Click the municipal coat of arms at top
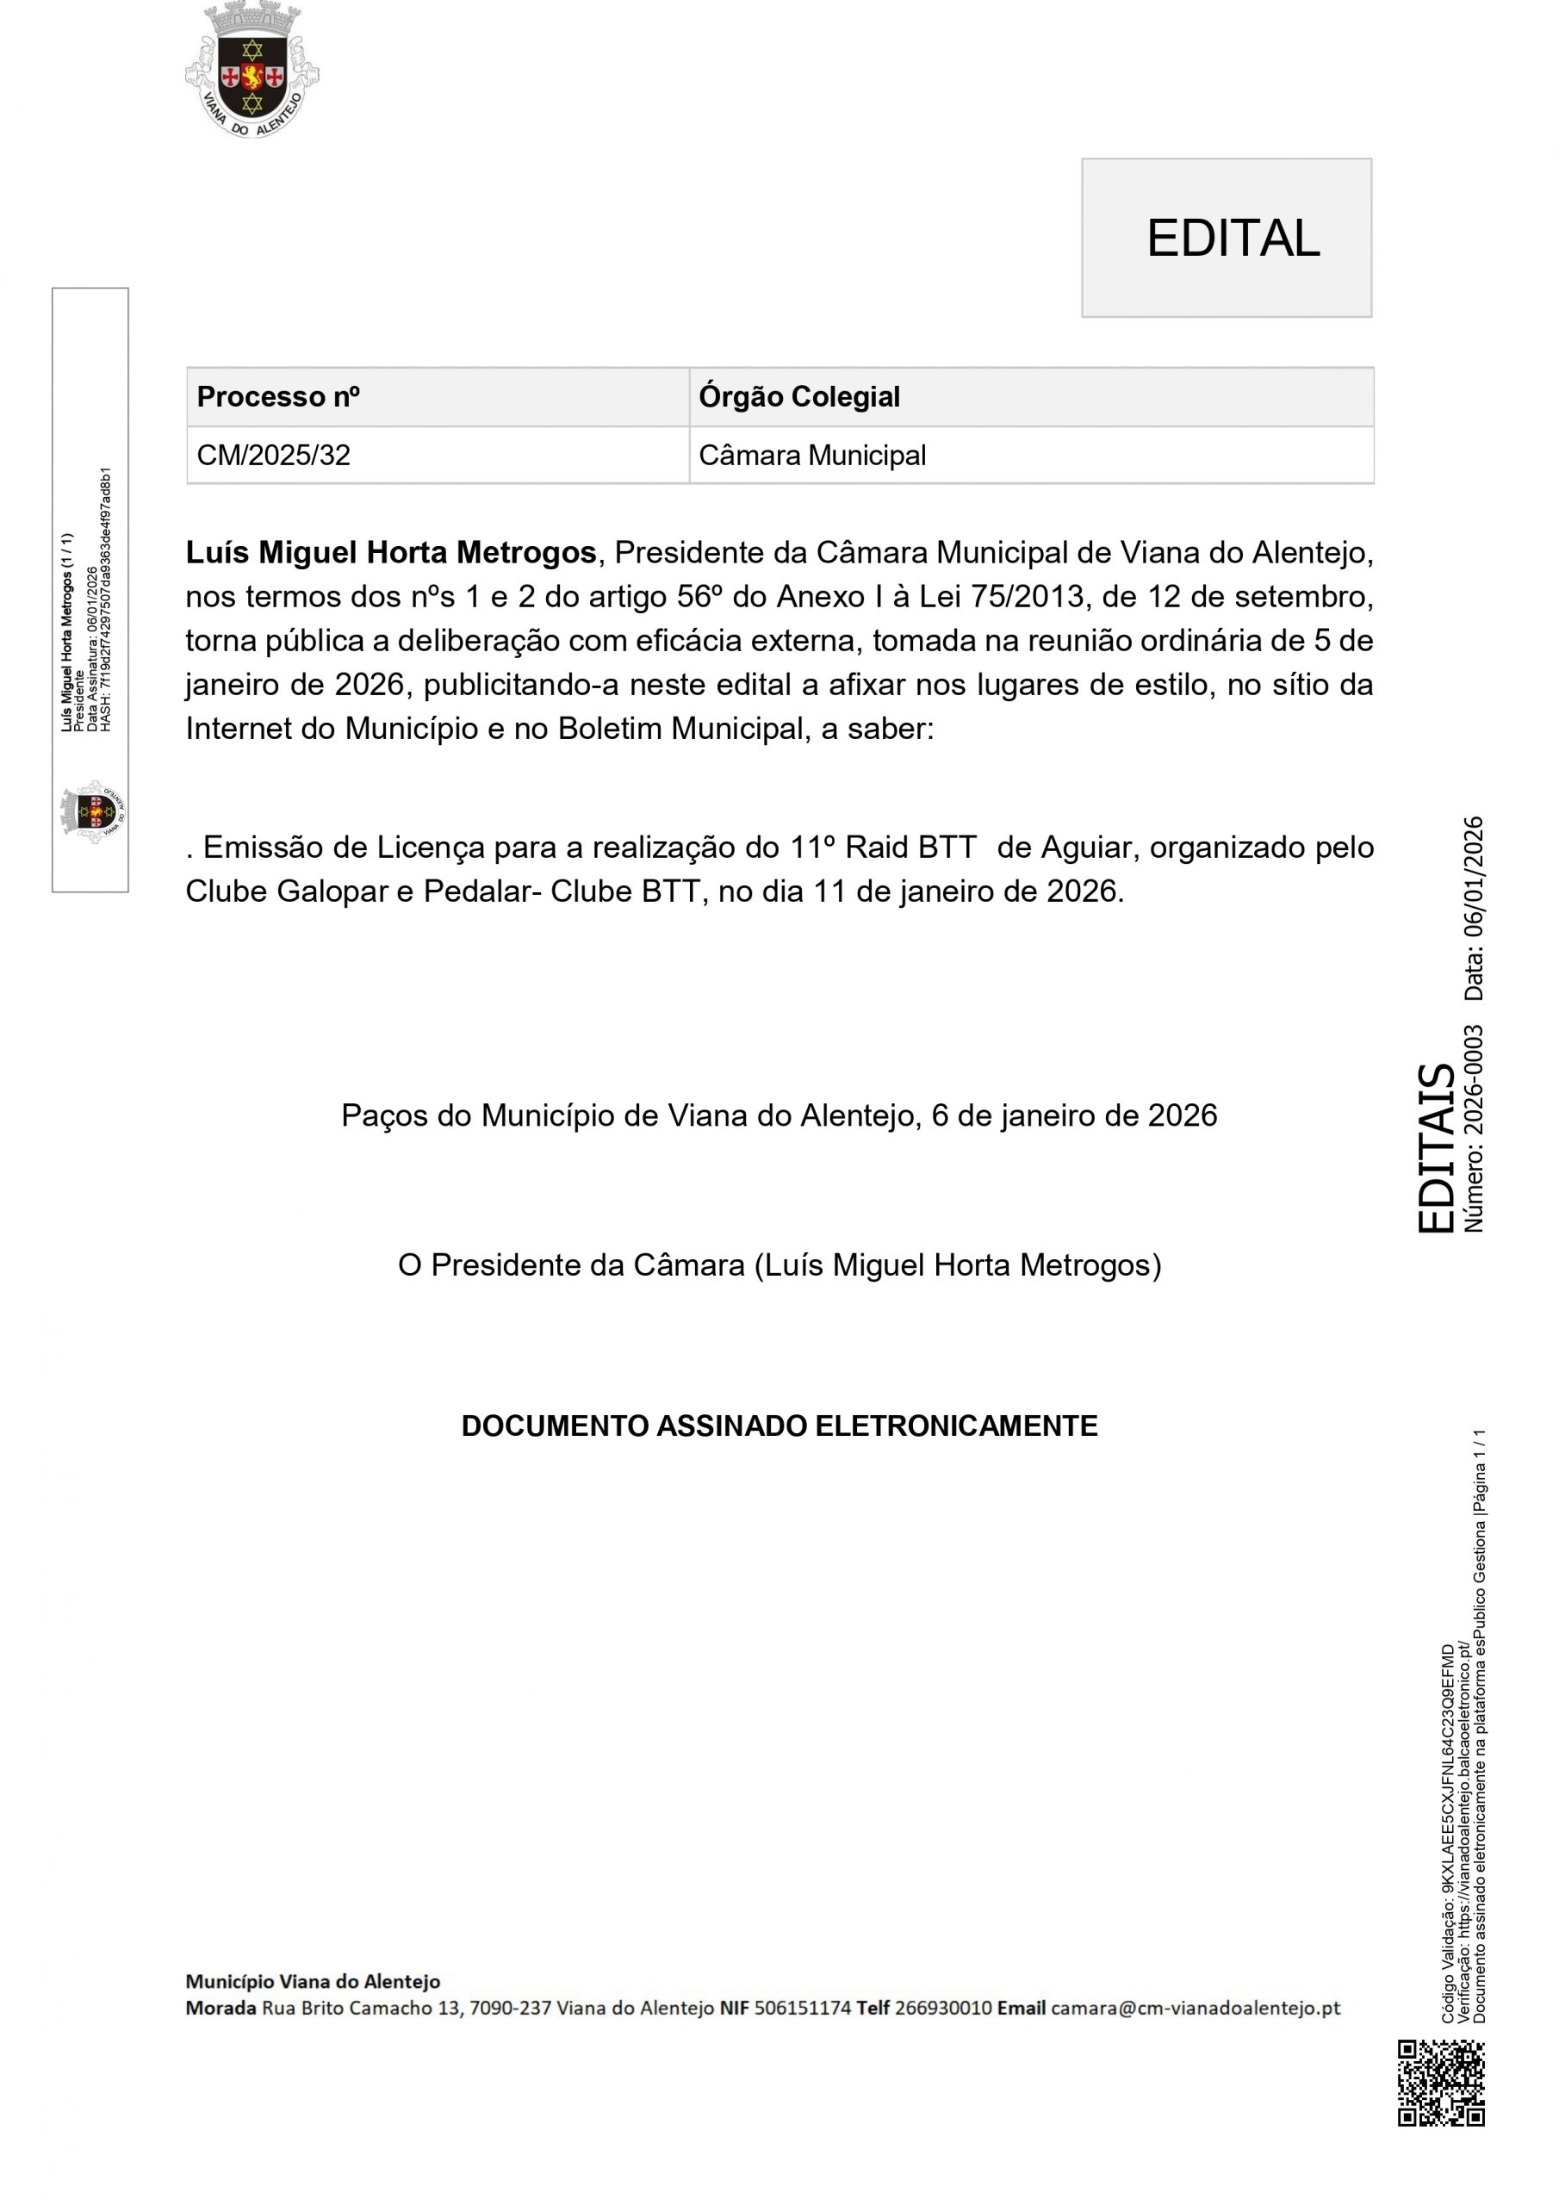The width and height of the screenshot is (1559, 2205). click(x=252, y=70)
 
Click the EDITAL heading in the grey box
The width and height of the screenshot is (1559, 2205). click(x=1233, y=239)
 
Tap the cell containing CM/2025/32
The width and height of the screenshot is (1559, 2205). click(x=274, y=456)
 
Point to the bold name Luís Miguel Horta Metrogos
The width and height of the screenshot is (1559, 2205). click(x=391, y=553)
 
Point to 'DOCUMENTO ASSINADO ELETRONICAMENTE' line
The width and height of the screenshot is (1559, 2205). click(x=779, y=1426)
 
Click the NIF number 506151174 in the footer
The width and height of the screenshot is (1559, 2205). click(x=802, y=2008)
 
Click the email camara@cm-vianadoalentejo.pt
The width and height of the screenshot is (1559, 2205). click(x=1195, y=2008)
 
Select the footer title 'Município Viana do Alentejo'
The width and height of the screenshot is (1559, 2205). click(x=312, y=1981)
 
